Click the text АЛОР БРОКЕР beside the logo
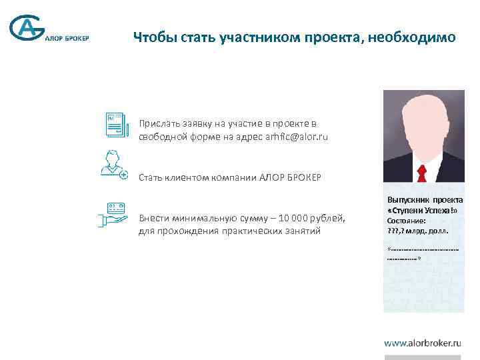[x=67, y=37]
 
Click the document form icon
[x=117, y=125]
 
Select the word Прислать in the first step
[x=158, y=123]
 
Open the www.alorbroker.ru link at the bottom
[x=423, y=343]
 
